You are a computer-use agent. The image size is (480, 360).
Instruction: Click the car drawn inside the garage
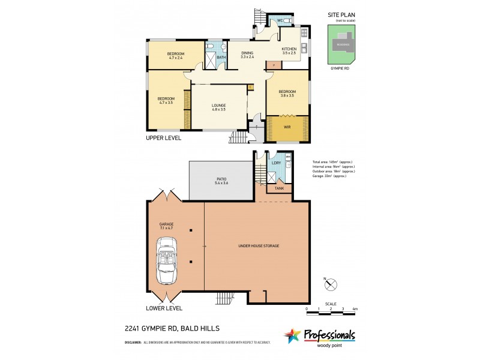pos(167,261)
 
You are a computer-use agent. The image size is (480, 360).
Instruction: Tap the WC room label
pos(280,21)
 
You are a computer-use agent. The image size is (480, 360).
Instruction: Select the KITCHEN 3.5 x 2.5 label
pos(289,50)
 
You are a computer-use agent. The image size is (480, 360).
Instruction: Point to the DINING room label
pos(247,55)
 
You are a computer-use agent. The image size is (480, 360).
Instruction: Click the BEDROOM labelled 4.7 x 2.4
pos(175,56)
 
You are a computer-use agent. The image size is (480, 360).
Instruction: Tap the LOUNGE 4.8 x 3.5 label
pos(218,107)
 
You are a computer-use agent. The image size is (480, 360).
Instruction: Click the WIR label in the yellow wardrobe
pos(287,127)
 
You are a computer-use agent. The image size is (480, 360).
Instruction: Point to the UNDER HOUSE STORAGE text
pos(258,246)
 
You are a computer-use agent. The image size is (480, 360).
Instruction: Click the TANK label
pos(279,188)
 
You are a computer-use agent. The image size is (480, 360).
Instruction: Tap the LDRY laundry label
pos(276,163)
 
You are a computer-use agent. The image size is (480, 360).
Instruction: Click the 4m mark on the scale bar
pos(356,308)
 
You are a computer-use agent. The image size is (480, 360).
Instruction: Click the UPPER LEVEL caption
pos(164,137)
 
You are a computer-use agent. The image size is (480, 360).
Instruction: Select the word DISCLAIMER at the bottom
pos(133,342)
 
